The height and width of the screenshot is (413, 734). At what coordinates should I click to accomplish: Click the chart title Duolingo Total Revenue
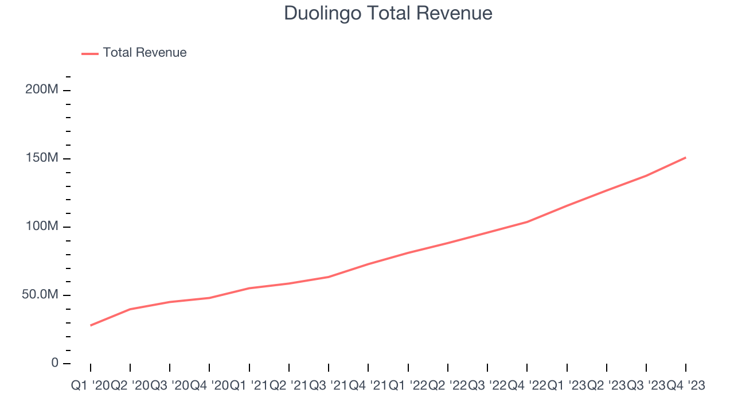tap(388, 13)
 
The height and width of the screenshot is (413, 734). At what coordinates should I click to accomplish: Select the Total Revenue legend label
tap(145, 53)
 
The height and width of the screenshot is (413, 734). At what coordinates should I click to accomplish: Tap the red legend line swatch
tap(90, 53)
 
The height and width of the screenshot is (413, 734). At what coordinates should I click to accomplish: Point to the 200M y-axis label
tap(42, 90)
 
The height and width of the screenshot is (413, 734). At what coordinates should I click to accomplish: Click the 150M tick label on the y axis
tap(42, 158)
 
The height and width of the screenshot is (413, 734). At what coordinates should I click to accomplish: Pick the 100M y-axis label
tap(42, 227)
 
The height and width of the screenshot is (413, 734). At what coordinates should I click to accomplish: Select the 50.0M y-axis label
tap(40, 295)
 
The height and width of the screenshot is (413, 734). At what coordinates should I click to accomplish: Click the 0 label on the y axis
tap(55, 363)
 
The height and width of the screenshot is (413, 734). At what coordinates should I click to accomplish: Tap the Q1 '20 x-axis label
tap(91, 386)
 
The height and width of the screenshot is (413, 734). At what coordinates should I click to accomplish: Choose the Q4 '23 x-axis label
tap(686, 386)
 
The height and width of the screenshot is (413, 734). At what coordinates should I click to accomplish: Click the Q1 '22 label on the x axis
tap(408, 386)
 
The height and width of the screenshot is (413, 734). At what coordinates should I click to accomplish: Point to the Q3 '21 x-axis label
tap(329, 386)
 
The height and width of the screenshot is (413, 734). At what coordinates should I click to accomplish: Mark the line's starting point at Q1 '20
tap(91, 325)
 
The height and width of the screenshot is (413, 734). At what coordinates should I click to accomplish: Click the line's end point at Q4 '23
tap(686, 157)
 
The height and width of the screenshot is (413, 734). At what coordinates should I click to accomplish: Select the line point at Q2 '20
tap(130, 309)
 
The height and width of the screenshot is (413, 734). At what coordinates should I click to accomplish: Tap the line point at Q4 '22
tap(527, 222)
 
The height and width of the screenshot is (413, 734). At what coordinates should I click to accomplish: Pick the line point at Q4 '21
tap(368, 264)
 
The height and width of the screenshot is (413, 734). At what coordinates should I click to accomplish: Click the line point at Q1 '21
tap(249, 288)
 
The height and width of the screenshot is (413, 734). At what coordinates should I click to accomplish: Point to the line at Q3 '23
tap(646, 176)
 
